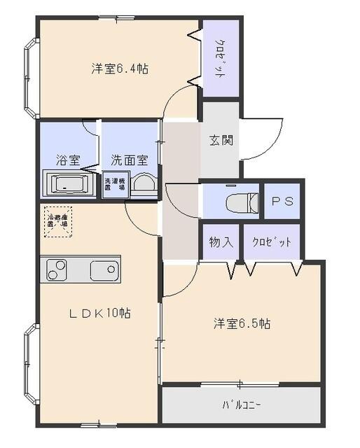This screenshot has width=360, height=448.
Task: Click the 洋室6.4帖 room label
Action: coord(119,69)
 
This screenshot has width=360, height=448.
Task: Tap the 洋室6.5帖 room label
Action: coord(242,324)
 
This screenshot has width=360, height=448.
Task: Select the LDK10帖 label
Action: coord(99,313)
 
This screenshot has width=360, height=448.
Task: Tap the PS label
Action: coord(282,202)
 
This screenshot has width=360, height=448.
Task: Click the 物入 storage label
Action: coord(221,242)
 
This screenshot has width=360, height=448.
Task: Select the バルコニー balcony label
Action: coord(242,405)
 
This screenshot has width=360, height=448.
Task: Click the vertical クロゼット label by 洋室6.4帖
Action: coord(219,60)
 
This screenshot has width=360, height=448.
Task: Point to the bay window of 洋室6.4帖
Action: coord(30,77)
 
